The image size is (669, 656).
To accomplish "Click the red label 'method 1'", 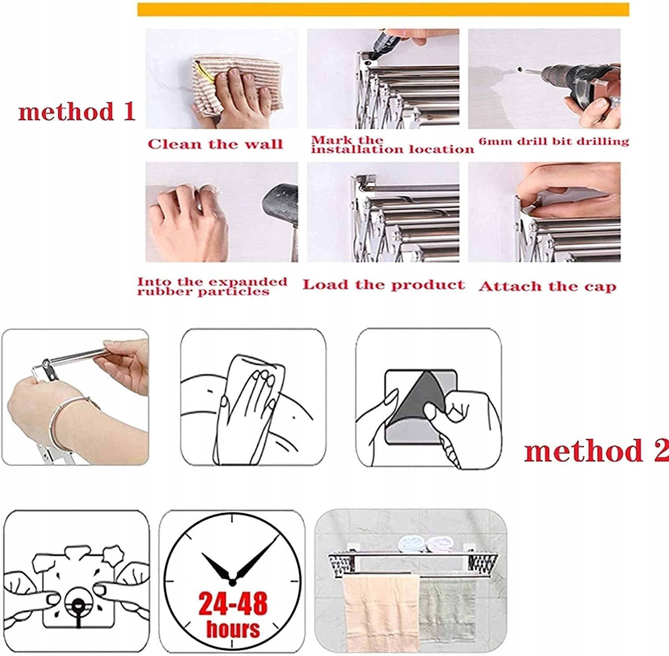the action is [x=77, y=112].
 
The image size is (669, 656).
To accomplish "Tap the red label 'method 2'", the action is [x=596, y=451].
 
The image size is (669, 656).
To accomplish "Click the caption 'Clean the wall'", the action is [x=215, y=144].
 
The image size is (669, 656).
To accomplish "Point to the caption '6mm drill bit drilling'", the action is [x=554, y=141].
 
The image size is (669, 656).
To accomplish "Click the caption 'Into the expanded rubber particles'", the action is [x=212, y=287].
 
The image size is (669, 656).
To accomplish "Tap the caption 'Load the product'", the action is [x=384, y=285].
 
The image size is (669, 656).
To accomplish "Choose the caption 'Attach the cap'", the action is [x=548, y=286].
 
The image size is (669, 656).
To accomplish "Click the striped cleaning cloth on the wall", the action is [x=236, y=85].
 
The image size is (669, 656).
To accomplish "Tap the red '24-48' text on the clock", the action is [x=233, y=603].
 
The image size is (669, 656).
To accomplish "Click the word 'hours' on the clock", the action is [x=233, y=628].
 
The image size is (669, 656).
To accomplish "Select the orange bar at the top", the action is [x=383, y=9].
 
